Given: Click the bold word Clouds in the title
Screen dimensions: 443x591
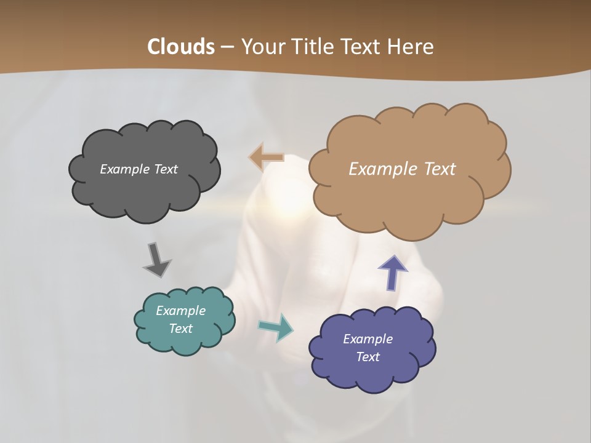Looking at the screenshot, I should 181,47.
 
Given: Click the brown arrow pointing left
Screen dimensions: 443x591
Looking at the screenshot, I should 266,158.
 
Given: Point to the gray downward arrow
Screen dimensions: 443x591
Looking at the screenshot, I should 156,259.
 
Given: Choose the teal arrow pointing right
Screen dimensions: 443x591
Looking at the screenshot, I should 276,327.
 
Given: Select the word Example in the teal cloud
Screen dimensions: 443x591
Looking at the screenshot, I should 181,311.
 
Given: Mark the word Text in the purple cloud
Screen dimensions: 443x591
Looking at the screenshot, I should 368,357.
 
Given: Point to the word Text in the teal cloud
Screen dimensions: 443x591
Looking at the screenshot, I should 181,329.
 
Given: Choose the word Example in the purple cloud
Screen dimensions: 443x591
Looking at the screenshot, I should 368,339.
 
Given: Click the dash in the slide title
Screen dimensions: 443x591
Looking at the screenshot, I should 227,47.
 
